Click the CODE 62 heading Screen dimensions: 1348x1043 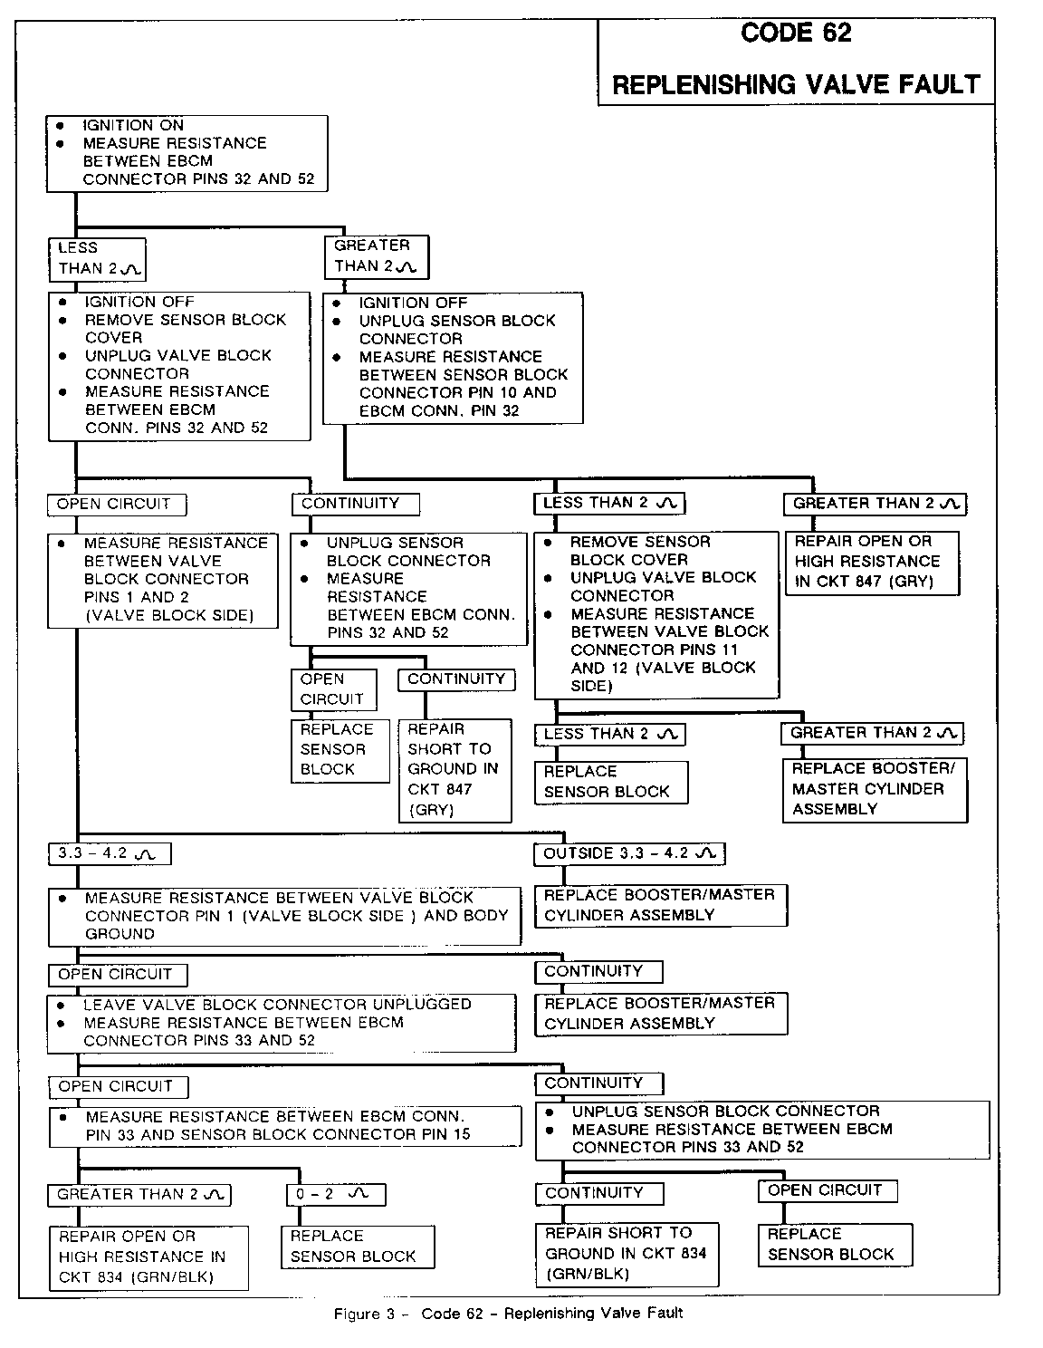(796, 33)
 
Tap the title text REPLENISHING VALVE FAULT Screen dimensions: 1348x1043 (796, 85)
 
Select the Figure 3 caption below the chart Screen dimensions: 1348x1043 (508, 1313)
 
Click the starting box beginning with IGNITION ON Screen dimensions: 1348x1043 (187, 153)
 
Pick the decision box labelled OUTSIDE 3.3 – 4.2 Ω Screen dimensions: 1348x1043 (629, 853)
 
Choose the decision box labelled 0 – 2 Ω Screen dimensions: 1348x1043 (335, 1194)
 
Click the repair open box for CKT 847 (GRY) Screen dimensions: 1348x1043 (870, 562)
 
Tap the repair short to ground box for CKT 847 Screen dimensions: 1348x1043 (454, 769)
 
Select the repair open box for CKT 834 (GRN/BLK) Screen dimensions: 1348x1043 (148, 1257)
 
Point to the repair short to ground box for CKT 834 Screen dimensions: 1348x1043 (627, 1253)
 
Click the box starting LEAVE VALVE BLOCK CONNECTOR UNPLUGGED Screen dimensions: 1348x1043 (281, 1023)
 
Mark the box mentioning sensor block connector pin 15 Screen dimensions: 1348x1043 (284, 1125)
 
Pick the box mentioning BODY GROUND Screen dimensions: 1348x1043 (284, 916)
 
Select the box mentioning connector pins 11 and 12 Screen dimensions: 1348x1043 (656, 614)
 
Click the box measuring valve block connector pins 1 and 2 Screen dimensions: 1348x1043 (163, 580)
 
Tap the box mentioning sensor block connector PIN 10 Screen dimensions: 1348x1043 (453, 357)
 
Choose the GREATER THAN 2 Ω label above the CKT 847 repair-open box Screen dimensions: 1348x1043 (875, 504)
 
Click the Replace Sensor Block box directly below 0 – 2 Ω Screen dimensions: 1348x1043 (356, 1247)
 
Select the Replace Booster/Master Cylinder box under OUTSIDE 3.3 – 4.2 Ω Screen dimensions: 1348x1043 (660, 905)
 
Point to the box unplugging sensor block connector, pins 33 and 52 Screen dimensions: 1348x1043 (761, 1129)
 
